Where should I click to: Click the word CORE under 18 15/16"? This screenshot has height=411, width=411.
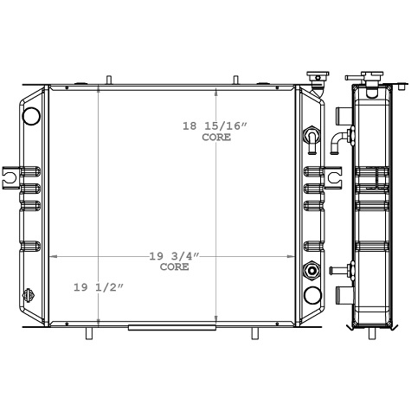pos(216,138)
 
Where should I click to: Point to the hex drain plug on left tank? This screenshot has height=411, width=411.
pos(29,293)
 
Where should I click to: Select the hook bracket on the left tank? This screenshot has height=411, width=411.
pos(10,177)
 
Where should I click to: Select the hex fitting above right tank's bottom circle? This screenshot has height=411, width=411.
pos(311,273)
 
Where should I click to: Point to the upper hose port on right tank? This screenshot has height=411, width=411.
pos(310,136)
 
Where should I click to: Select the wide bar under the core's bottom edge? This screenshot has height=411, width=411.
pos(156,327)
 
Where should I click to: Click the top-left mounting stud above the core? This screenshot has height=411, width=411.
pos(108,80)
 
